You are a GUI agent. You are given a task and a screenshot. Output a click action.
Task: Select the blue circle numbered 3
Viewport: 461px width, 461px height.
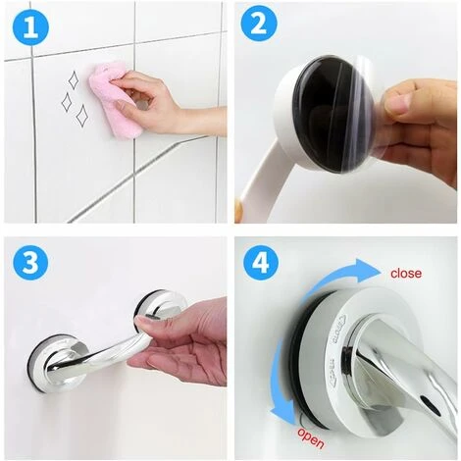click(30, 265)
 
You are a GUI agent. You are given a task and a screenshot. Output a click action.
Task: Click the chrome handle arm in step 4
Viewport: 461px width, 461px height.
click(412, 392)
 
